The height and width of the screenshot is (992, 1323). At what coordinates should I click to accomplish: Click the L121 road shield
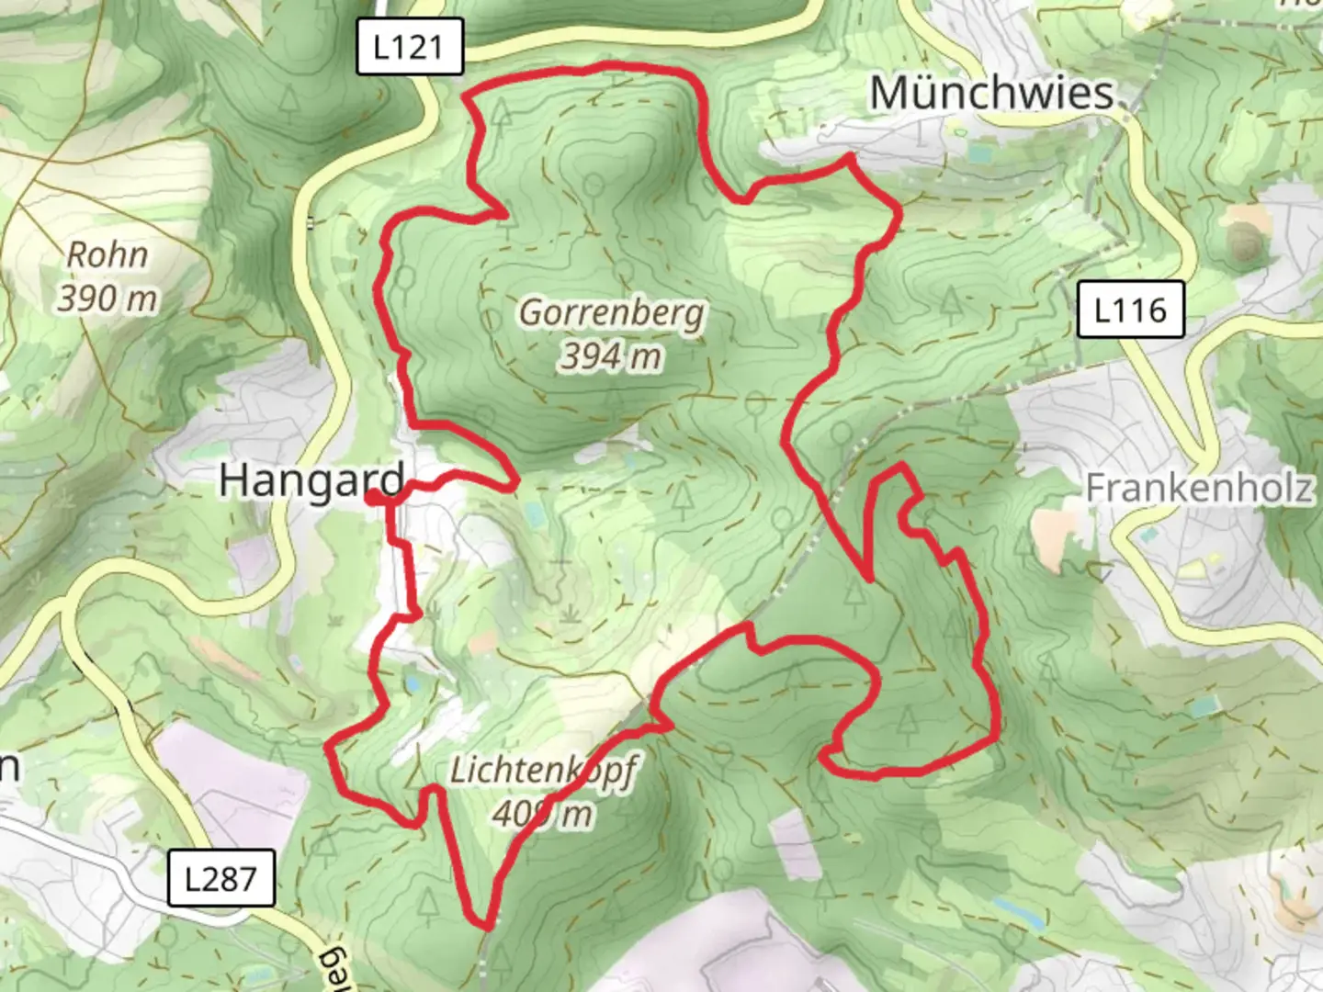(x=409, y=46)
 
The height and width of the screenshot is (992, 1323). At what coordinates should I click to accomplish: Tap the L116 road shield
(x=1129, y=310)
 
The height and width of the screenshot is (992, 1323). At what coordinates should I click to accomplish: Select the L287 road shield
(x=220, y=879)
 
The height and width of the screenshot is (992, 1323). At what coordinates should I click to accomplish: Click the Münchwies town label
(x=991, y=94)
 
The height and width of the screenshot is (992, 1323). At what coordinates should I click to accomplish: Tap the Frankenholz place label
(x=1199, y=488)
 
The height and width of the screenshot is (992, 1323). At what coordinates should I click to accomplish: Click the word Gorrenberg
(x=612, y=313)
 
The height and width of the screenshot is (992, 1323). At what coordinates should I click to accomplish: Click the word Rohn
(x=107, y=255)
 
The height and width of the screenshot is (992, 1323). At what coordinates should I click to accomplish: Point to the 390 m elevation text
(x=107, y=299)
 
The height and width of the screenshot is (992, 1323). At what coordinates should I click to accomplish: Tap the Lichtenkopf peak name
(x=542, y=770)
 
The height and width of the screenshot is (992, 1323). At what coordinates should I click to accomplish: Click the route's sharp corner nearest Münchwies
(x=851, y=158)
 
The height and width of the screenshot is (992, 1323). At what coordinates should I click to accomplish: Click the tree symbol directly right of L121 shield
(x=502, y=114)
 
